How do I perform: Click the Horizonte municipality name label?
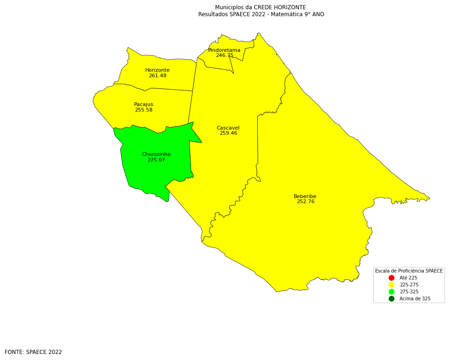[x=157, y=70]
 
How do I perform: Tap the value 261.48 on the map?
[x=157, y=76]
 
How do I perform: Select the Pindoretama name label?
[x=224, y=50]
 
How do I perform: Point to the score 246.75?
[x=224, y=56]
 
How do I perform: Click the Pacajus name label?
[x=143, y=105]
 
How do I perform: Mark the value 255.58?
[x=143, y=110]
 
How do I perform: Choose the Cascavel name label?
[x=228, y=128]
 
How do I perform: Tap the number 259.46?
[x=228, y=133]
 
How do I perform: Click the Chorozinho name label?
[x=156, y=155]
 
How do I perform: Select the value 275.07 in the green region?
[x=156, y=160]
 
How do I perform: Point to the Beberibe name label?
[x=305, y=197]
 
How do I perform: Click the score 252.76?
[x=305, y=202]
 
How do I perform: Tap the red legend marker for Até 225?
[x=391, y=278]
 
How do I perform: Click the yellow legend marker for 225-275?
[x=391, y=285]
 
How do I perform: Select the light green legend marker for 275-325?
[x=391, y=292]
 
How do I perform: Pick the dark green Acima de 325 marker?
[x=391, y=299]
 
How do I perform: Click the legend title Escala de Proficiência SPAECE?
[x=408, y=271]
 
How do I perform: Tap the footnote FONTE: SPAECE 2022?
[x=33, y=352]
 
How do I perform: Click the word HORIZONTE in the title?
[x=290, y=7]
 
